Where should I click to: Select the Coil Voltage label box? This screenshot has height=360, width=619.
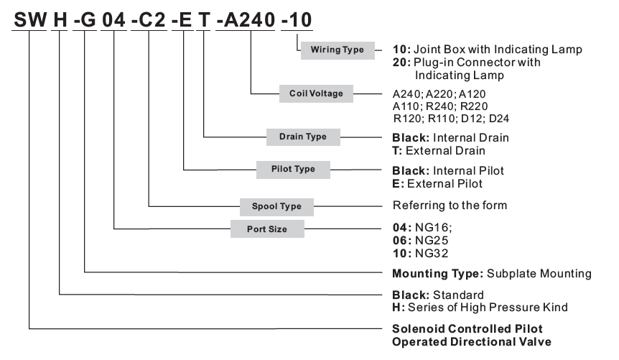pyautogui.click(x=316, y=93)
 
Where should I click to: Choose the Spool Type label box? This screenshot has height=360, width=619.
pyautogui.click(x=276, y=206)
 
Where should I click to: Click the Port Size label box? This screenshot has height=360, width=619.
pyautogui.click(x=267, y=229)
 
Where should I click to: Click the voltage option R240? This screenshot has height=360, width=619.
pyautogui.click(x=460, y=106)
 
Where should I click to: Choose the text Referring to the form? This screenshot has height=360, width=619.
pyautogui.click(x=450, y=205)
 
